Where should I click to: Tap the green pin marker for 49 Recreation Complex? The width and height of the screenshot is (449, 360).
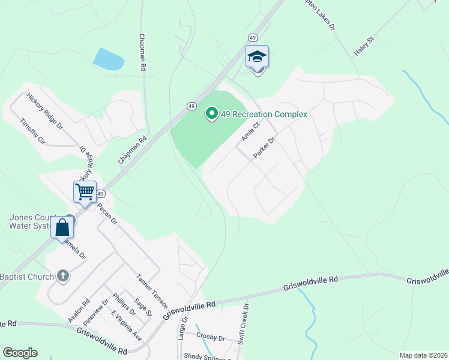coord(211,113)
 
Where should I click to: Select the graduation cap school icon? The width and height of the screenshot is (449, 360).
coord(257,58)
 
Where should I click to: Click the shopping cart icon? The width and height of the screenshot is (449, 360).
coord(85,192)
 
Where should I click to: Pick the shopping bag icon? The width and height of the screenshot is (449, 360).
coord(62,228)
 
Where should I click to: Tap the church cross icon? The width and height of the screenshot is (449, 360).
coord(62,276)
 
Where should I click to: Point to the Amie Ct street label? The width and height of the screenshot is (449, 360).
coord(250,131)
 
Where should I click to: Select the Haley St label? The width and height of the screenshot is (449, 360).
coord(364,46)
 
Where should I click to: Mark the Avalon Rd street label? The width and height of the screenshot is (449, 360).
coord(79,311)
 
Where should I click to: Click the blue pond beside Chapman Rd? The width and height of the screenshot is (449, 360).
coord(108,59)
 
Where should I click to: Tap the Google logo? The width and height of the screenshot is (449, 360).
coord(20,353)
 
